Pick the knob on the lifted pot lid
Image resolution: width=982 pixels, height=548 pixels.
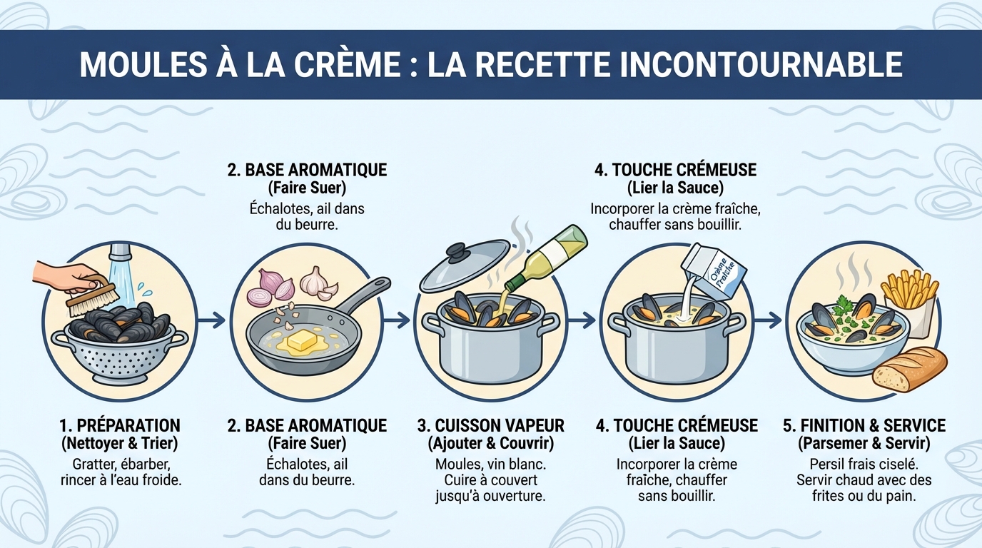[x=457, y=251]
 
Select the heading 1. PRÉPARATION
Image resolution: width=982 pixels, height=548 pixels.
[x=119, y=426]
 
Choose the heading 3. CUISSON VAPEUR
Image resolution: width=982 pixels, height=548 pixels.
[x=490, y=426]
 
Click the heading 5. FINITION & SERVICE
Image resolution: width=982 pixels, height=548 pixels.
[x=864, y=426]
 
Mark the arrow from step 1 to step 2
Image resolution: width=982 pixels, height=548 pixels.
[x=211, y=321]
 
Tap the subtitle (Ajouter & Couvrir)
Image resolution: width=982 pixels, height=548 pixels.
[x=490, y=443]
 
